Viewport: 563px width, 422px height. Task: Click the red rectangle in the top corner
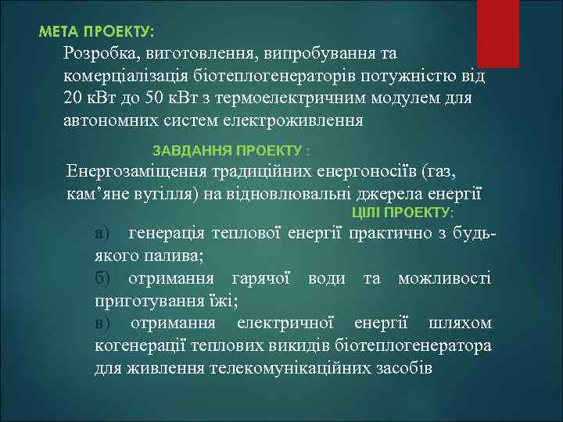click(x=497, y=32)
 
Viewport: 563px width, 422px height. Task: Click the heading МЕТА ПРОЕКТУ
click(x=97, y=32)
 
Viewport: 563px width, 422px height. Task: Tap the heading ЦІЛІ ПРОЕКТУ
click(x=402, y=212)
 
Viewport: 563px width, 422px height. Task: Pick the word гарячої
click(x=261, y=278)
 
